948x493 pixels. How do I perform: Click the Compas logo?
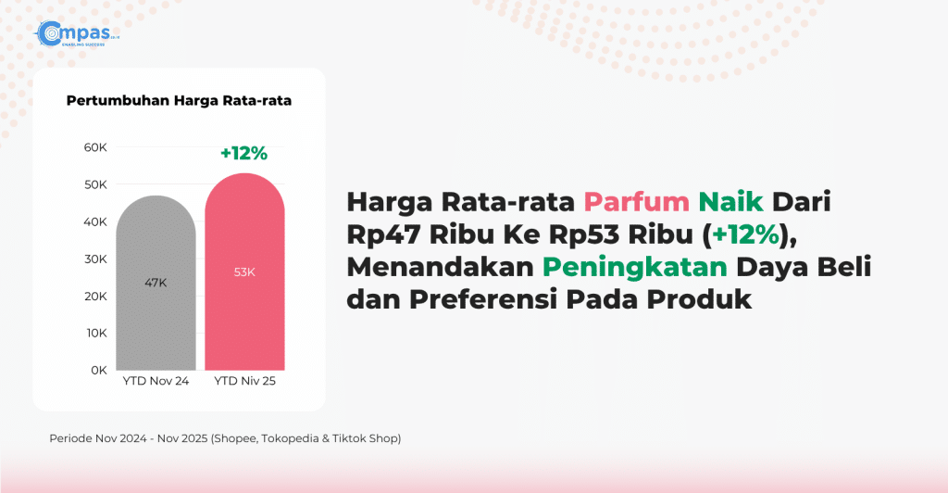77,34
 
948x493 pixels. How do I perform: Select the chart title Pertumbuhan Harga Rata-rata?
179,100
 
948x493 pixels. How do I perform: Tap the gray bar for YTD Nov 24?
156,283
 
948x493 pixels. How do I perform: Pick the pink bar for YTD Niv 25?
244,272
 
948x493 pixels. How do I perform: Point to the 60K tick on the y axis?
95,147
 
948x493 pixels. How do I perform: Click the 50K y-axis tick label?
95,184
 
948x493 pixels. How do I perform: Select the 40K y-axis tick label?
95,222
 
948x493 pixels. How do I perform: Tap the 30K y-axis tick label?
95,259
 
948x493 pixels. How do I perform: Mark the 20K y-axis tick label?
95,297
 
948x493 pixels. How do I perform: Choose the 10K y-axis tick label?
96,334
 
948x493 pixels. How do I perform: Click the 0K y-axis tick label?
99,370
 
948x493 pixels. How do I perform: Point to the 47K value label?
156,283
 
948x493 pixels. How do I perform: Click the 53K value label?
244,272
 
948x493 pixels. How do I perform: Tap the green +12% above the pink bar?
244,154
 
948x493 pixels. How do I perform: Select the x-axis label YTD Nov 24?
156,381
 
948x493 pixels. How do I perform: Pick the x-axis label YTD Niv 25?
244,381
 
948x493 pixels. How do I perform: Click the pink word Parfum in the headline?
637,201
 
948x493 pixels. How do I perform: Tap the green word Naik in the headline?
731,201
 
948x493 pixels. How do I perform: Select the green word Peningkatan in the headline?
635,267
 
